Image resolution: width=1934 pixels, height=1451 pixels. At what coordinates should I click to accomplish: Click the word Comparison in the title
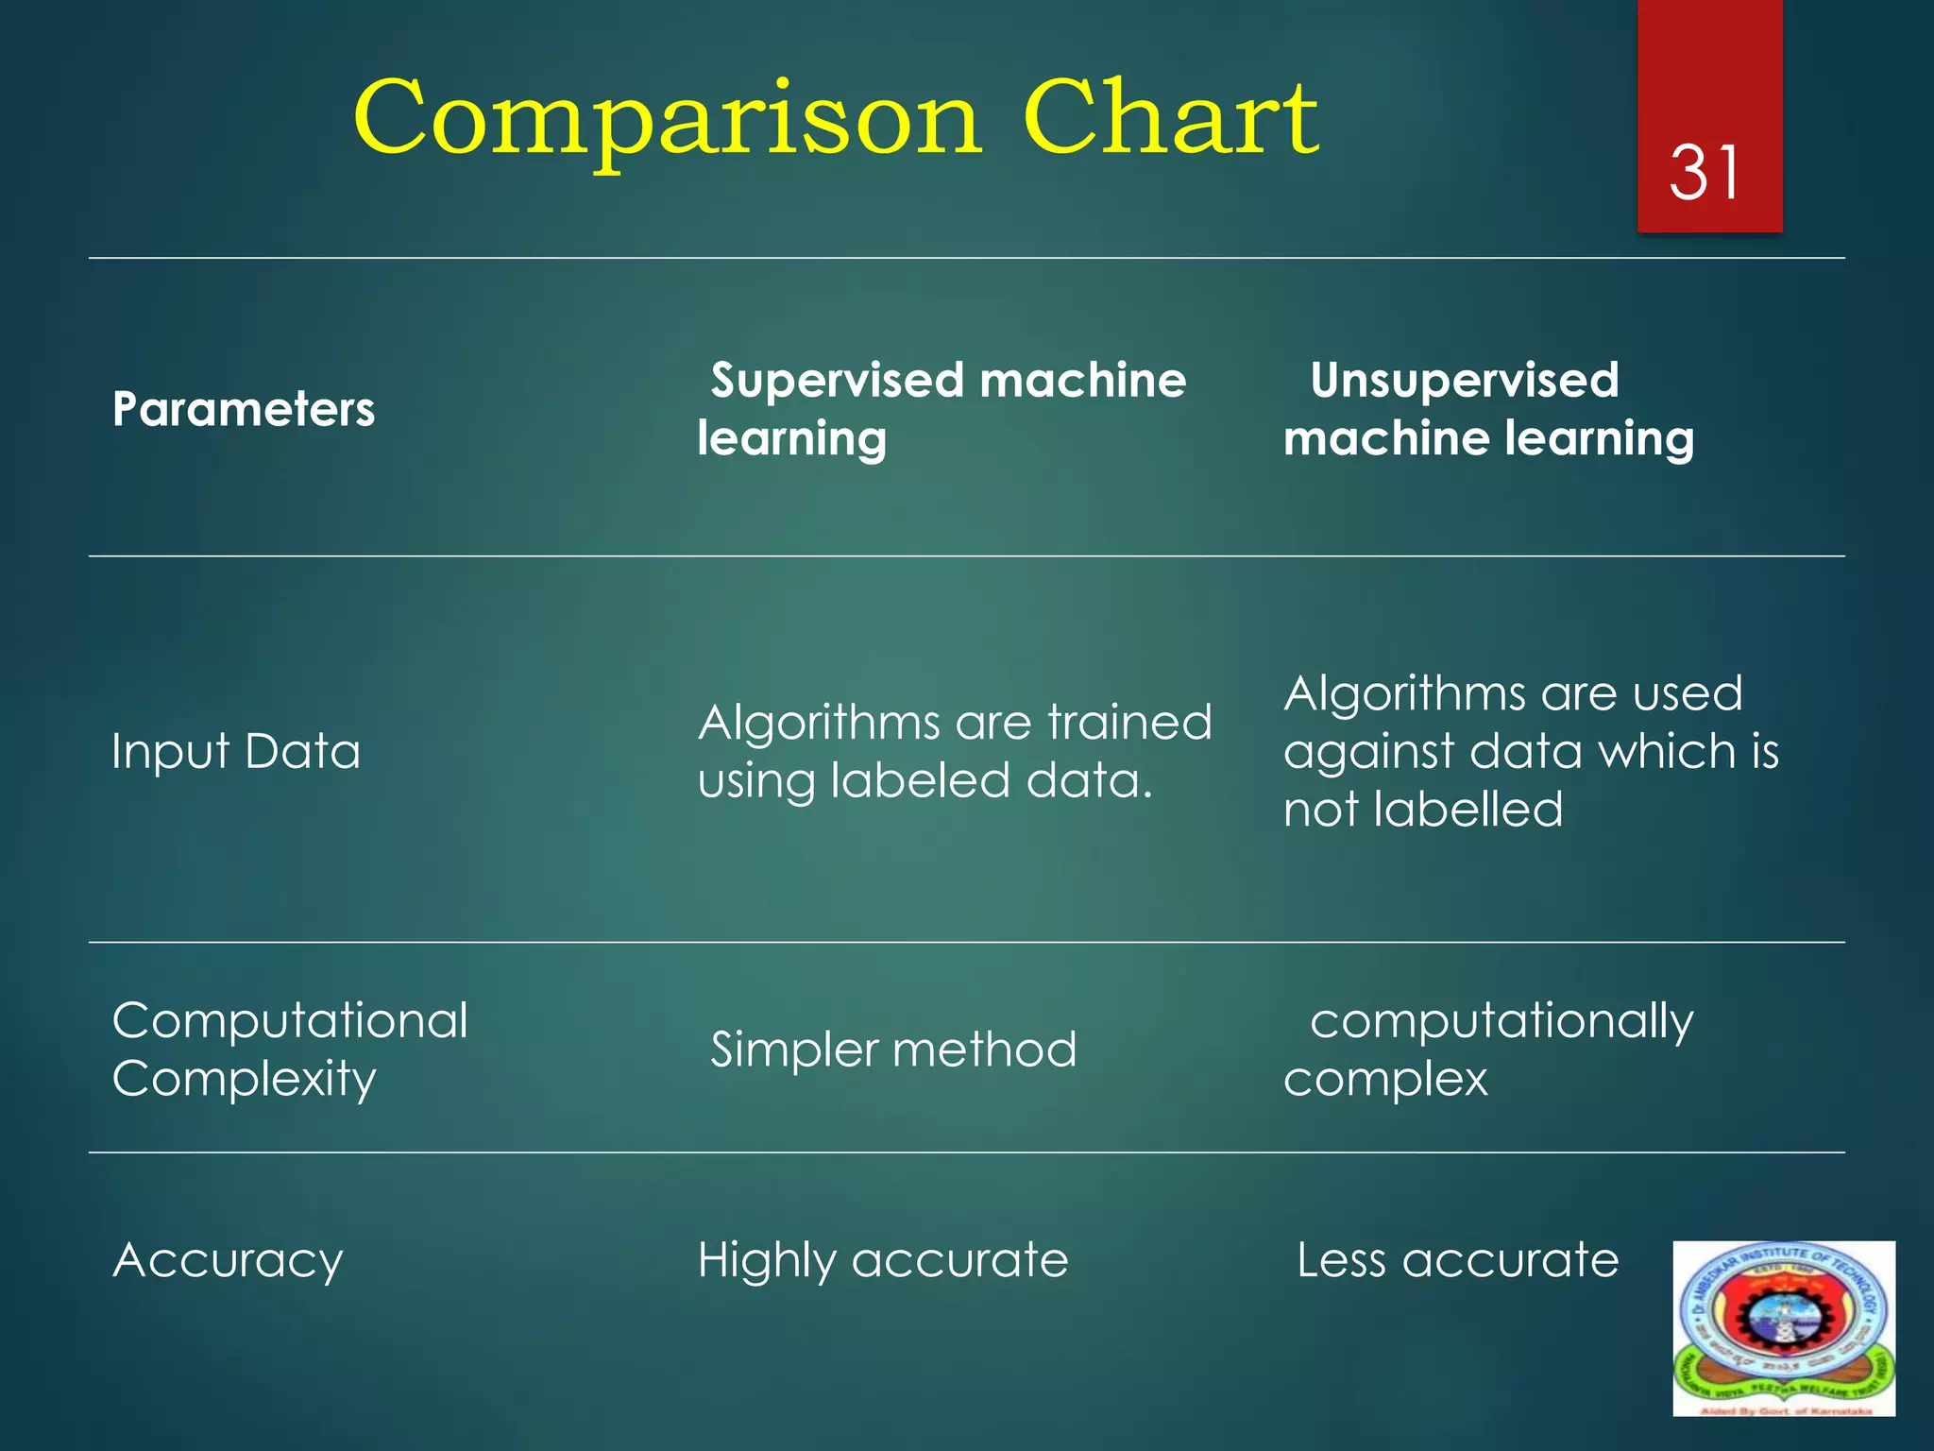667,121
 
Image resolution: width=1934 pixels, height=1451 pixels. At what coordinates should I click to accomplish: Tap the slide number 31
1705,173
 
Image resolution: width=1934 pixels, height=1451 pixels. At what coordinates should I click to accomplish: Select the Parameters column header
244,410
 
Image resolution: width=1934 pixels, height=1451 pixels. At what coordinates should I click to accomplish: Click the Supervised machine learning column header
942,409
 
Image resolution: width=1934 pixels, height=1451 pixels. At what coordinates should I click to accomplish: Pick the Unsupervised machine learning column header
1488,409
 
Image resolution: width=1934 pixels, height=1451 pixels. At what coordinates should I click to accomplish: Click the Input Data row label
236,752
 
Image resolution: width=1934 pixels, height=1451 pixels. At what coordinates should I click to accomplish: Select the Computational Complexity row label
290,1049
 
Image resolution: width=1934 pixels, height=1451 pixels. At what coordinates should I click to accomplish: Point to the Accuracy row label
228,1260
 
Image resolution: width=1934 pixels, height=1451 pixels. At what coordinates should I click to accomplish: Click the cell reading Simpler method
893,1050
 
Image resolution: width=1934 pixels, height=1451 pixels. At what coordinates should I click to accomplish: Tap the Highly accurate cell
883,1260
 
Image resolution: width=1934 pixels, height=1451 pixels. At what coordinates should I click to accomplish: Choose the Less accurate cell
1457,1260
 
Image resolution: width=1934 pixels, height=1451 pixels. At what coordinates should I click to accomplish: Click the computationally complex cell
1488,1049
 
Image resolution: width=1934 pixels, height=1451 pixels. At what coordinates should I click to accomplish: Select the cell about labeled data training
954,752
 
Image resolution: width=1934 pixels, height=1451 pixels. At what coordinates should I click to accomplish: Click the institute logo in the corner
1784,1328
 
